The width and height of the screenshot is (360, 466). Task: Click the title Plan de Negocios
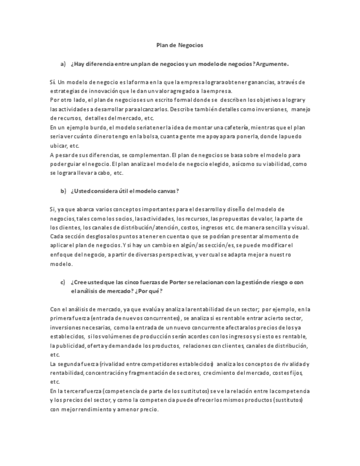(x=180, y=45)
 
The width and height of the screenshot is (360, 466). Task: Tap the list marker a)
(x=63, y=64)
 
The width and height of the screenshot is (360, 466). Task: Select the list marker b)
(x=63, y=191)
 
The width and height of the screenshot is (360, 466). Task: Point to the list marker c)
(x=63, y=282)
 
